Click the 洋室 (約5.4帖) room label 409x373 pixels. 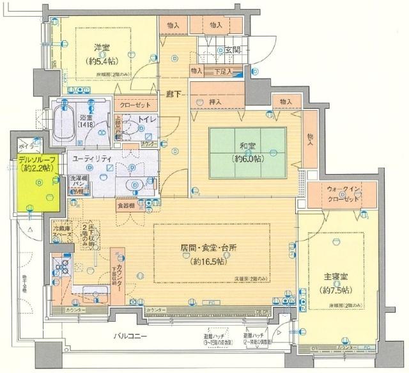point(100,54)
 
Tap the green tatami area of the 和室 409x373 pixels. point(245,152)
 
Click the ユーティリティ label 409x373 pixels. point(94,158)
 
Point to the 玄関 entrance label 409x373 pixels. point(231,49)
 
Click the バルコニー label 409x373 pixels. point(131,335)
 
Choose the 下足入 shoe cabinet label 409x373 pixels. point(222,71)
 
